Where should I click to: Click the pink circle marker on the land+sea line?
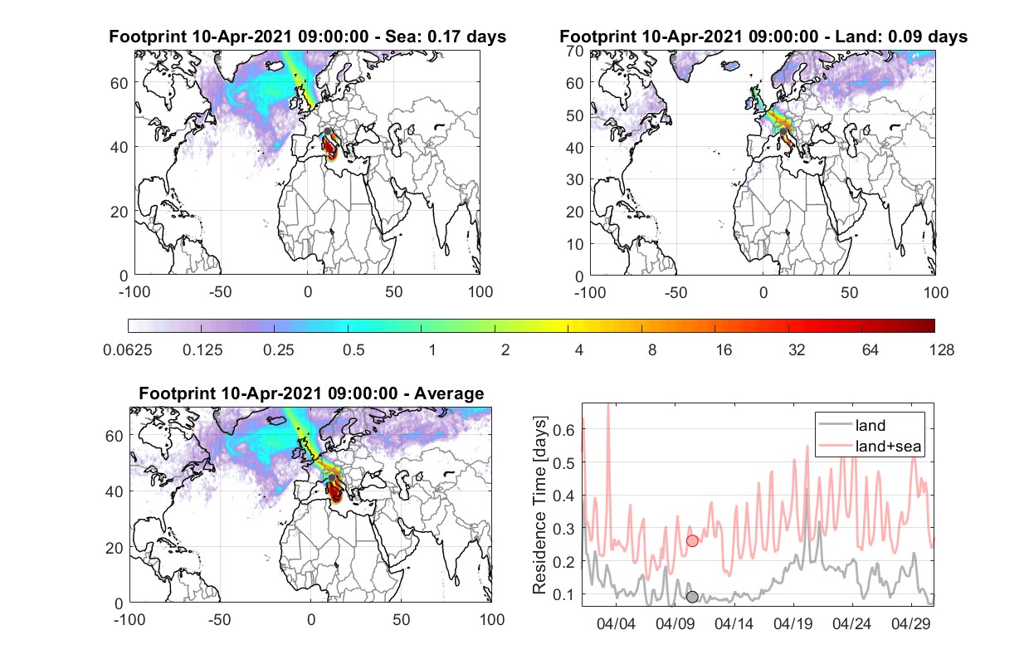tap(692, 540)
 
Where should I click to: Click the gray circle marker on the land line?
tap(692, 597)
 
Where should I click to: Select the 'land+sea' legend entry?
tap(870, 446)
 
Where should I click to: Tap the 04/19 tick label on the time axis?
tap(793, 624)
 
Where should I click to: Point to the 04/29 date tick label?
tap(910, 624)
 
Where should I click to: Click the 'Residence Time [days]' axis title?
tap(539, 505)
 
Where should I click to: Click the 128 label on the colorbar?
tap(941, 350)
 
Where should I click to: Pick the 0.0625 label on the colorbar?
tap(128, 350)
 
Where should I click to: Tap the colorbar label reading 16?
tap(724, 350)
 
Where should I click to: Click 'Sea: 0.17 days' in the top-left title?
tap(446, 37)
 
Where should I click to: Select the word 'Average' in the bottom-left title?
tap(449, 393)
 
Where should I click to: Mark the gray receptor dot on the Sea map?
tap(328, 131)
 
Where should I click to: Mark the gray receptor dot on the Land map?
tap(783, 132)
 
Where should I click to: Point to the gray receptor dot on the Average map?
tap(332, 477)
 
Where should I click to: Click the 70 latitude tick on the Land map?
tap(575, 51)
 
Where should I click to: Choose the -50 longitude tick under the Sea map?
tap(221, 292)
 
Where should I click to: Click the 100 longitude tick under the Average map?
tap(492, 619)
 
